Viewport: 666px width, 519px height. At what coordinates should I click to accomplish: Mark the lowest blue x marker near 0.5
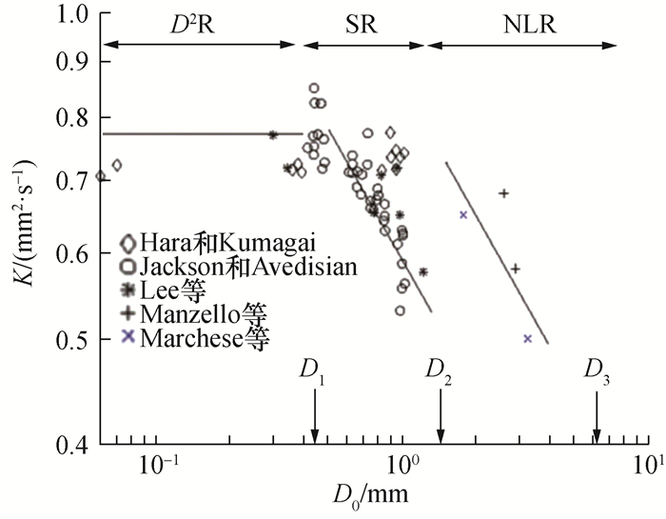point(527,338)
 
